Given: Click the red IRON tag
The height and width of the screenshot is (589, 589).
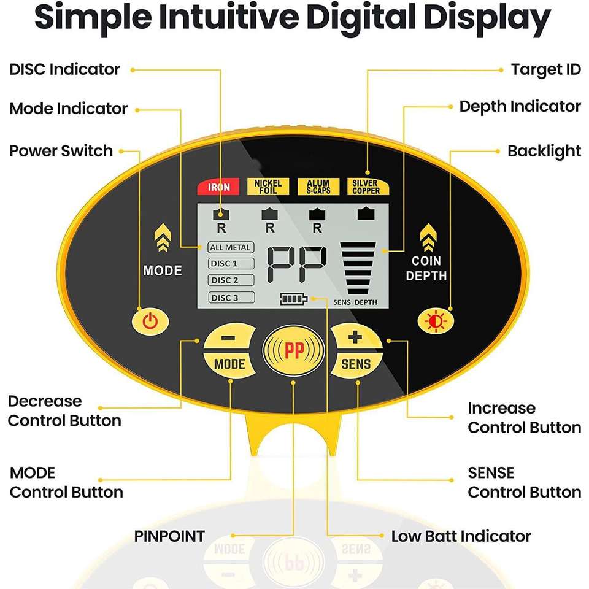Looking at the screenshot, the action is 218,187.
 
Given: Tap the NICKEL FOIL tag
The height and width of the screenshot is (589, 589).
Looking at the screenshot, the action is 268,187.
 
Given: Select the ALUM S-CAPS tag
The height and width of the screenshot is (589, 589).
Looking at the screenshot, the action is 318,187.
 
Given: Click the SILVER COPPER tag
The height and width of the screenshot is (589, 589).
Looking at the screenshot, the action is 366,187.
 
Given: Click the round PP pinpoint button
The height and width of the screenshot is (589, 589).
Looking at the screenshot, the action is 294,351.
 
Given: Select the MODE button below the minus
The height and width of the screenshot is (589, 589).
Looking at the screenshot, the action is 229,364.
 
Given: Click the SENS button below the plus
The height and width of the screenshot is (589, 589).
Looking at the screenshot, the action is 356,364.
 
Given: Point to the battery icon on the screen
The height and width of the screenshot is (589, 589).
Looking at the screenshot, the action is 293,299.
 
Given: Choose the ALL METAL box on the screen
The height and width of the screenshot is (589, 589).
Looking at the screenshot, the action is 230,247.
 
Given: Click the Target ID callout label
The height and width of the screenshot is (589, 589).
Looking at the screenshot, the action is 545,69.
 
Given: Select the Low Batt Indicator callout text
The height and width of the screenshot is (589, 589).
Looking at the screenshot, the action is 461,536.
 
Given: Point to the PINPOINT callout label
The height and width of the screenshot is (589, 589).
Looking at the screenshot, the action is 169,536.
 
